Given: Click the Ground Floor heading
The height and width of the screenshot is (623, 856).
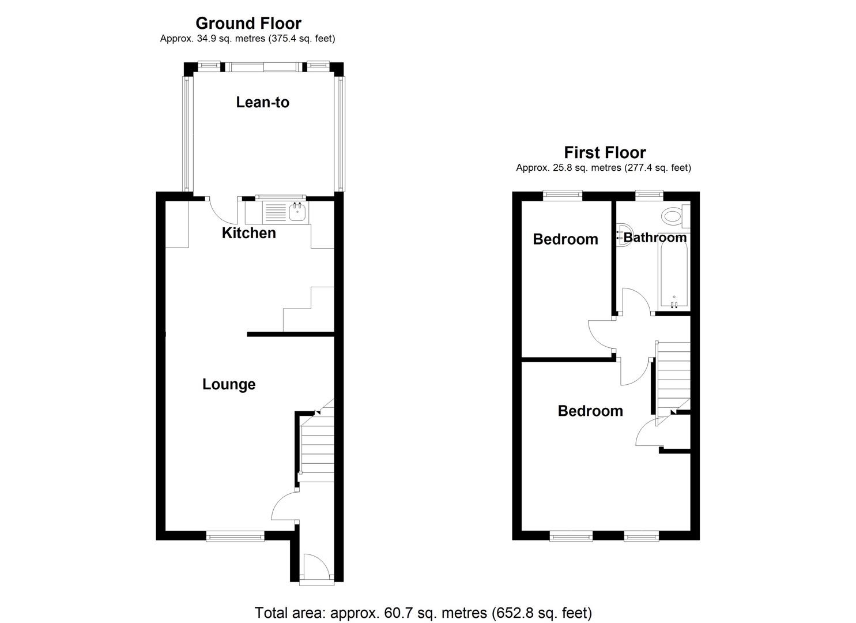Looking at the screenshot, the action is tap(248, 24).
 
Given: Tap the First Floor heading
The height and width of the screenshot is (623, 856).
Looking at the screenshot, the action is tap(605, 153).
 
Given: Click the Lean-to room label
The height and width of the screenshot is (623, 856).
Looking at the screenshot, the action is tap(262, 102).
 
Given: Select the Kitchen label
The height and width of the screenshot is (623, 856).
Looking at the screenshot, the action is tap(249, 233).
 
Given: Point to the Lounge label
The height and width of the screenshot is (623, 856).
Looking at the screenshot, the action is tap(229, 384).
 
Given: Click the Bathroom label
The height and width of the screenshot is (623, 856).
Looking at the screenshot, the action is tap(655, 238).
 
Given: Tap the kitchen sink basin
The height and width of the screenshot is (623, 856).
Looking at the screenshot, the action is tap(297, 212).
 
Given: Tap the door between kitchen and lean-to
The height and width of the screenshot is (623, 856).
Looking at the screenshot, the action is tap(223, 211).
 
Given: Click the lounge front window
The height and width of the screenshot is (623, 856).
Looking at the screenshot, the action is tap(235, 536).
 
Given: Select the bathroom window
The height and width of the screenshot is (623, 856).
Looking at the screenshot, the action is tap(649, 196).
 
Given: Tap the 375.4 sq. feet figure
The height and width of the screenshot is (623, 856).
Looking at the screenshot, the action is tap(301, 39).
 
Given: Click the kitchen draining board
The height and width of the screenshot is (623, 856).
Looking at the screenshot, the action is tap(275, 212).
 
